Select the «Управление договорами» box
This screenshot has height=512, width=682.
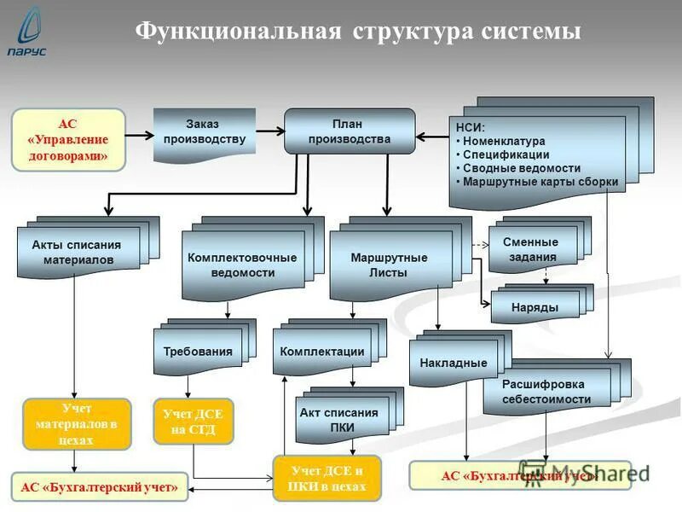67,139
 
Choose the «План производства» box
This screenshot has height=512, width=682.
349,131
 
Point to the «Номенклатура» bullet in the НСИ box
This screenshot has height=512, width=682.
503,142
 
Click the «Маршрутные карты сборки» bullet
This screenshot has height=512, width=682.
539,182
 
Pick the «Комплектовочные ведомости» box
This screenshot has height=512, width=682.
243,265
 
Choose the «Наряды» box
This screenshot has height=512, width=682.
535,306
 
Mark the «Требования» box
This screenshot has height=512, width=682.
198,352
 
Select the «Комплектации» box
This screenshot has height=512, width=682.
322,352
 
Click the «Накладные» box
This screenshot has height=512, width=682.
453,363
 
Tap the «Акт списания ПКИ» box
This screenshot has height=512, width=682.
338,419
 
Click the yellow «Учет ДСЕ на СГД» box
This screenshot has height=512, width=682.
194,422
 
